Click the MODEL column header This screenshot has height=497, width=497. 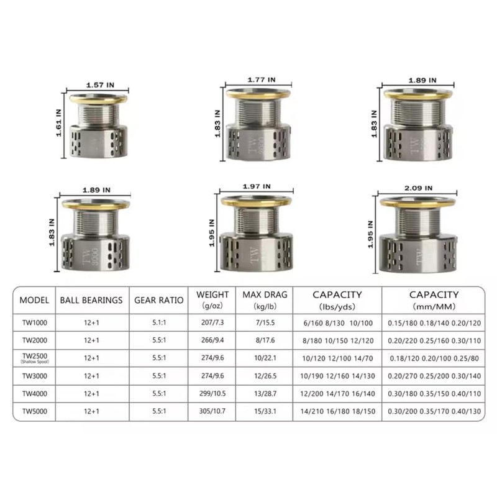pyautogui.click(x=34, y=299)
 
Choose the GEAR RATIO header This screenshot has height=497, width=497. pyautogui.click(x=159, y=299)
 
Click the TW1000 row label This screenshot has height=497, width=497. pyautogui.click(x=34, y=324)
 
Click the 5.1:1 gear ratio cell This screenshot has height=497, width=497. pyautogui.click(x=159, y=324)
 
